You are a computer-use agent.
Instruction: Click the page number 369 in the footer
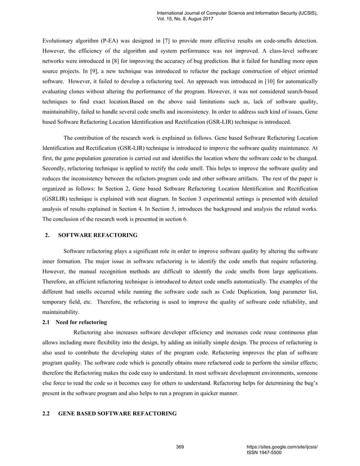[181, 447]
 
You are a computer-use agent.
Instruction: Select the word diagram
[173, 199]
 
